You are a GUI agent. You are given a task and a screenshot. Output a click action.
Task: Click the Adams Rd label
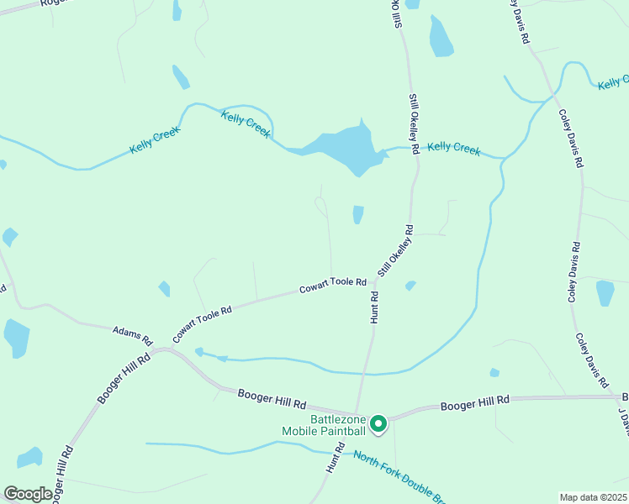pyautogui.click(x=132, y=336)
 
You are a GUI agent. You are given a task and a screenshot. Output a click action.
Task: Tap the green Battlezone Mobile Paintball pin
pyautogui.click(x=378, y=424)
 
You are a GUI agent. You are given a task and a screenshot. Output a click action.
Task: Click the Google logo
pyautogui.click(x=28, y=494)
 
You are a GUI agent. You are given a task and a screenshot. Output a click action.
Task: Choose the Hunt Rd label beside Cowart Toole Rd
pyautogui.click(x=374, y=307)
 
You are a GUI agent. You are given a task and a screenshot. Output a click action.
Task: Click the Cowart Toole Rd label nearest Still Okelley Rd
pyautogui.click(x=333, y=286)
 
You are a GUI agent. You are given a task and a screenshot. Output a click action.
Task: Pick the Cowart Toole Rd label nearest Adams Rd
pyautogui.click(x=202, y=323)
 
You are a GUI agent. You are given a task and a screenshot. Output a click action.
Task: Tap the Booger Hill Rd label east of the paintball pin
pyautogui.click(x=475, y=403)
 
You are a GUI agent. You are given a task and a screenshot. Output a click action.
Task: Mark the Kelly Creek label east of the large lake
pyautogui.click(x=453, y=149)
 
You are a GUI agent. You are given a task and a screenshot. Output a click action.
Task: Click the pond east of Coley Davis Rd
pyautogui.click(x=605, y=293)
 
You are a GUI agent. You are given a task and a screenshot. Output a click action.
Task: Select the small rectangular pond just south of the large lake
pyautogui.click(x=358, y=215)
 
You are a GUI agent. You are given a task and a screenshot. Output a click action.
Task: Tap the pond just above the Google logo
pyautogui.click(x=30, y=457)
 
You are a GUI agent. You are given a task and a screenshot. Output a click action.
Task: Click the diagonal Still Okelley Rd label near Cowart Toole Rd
pyautogui.click(x=396, y=250)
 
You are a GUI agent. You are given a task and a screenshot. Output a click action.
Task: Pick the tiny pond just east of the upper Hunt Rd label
pyautogui.click(x=410, y=286)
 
